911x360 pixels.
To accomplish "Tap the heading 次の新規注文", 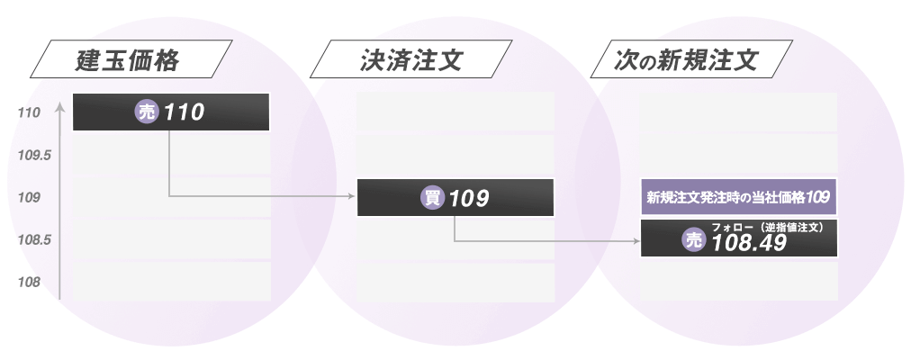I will coord(688,62).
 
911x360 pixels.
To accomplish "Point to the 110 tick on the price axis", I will coord(29,113).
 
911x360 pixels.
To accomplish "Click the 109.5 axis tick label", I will coord(34,155).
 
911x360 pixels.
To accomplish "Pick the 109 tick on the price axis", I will coord(29,197).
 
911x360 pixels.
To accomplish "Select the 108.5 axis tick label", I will coord(34,240).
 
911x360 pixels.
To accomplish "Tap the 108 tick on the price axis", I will coord(29,283).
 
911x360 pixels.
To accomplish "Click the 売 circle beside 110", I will coord(147,112).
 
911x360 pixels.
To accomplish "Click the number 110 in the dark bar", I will coord(185,112).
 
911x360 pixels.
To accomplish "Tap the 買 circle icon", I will coord(433,198).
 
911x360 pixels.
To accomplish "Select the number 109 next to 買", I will coord(468,198).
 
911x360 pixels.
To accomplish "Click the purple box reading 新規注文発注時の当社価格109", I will coord(738,196).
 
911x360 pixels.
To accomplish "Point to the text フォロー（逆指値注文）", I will coord(768,228).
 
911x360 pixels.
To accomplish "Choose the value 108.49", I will coord(749,243).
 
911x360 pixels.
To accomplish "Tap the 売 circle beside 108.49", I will coord(693,240).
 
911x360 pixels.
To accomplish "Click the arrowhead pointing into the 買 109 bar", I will coord(353,195).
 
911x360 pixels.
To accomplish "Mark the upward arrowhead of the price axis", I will coord(59,106).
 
